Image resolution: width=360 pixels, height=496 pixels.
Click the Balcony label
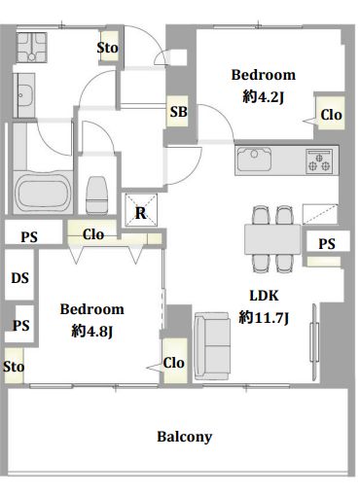click(185, 437)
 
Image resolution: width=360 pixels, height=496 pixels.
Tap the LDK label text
click(264, 296)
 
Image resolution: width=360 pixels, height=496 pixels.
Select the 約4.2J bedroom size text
click(263, 96)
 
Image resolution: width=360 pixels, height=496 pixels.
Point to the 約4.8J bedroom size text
click(92, 331)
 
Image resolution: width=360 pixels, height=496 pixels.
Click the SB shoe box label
click(179, 112)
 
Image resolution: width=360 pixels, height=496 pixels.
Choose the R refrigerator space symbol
click(141, 210)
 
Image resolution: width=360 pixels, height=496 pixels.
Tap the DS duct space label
click(19, 278)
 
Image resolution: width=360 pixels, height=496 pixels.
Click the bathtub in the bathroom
click(43, 193)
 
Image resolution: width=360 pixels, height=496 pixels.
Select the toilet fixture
click(97, 195)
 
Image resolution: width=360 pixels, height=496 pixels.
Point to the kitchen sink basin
click(254, 159)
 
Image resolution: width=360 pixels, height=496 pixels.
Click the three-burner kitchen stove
click(319, 160)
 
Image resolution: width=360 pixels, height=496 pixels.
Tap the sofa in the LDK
click(212, 345)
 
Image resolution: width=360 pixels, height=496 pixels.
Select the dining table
click(272, 239)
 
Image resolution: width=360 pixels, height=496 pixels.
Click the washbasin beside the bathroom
click(24, 95)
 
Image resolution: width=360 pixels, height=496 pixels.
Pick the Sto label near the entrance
click(107, 48)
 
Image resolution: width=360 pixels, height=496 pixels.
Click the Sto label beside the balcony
click(14, 367)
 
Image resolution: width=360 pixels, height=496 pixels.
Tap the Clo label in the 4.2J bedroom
click(331, 115)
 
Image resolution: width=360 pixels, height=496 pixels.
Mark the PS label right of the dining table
click(327, 244)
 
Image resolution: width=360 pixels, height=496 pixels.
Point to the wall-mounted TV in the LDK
click(314, 342)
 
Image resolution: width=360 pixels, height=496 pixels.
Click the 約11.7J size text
click(264, 318)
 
